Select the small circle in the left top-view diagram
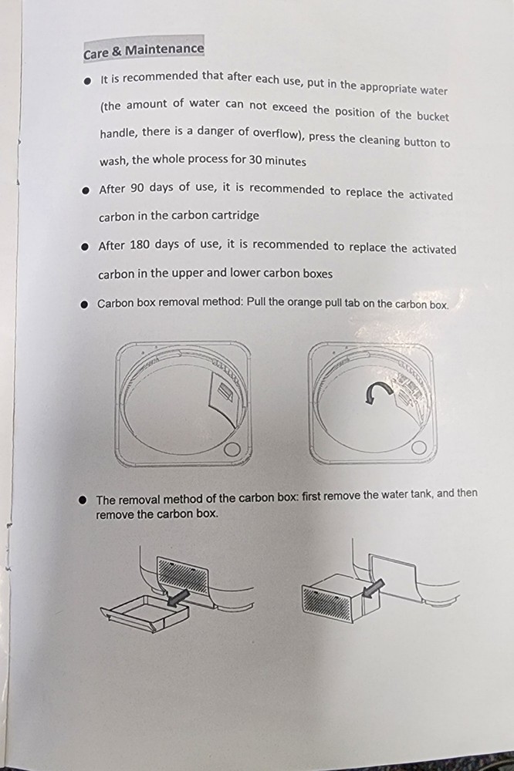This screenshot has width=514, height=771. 231,451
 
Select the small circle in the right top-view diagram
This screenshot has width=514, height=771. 419,448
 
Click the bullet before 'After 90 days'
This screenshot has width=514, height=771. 86,190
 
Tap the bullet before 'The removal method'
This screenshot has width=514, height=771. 84,500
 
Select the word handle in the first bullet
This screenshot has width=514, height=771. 118,133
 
